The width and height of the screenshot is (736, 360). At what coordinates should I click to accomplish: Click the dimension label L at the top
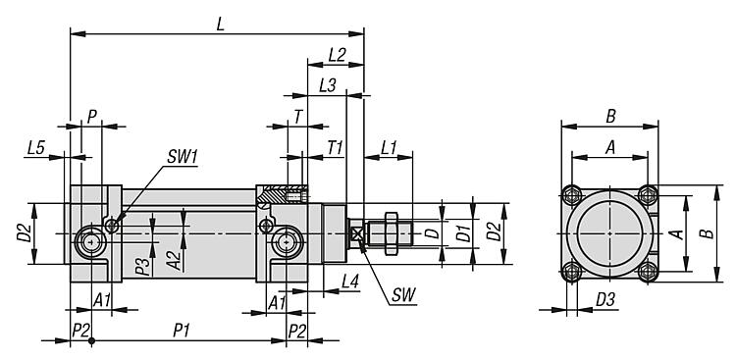(220, 25)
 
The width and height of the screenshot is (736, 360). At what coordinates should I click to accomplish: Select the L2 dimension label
(337, 55)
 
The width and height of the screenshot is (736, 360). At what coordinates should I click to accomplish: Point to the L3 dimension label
(327, 86)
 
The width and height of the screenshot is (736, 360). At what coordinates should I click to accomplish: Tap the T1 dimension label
(336, 148)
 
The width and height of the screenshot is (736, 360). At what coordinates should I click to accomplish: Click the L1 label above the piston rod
(389, 148)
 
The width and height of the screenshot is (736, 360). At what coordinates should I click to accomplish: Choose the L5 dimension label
(36, 148)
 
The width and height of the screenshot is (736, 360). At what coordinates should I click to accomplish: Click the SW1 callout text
(183, 158)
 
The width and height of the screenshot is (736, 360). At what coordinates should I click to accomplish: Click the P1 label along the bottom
(182, 331)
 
